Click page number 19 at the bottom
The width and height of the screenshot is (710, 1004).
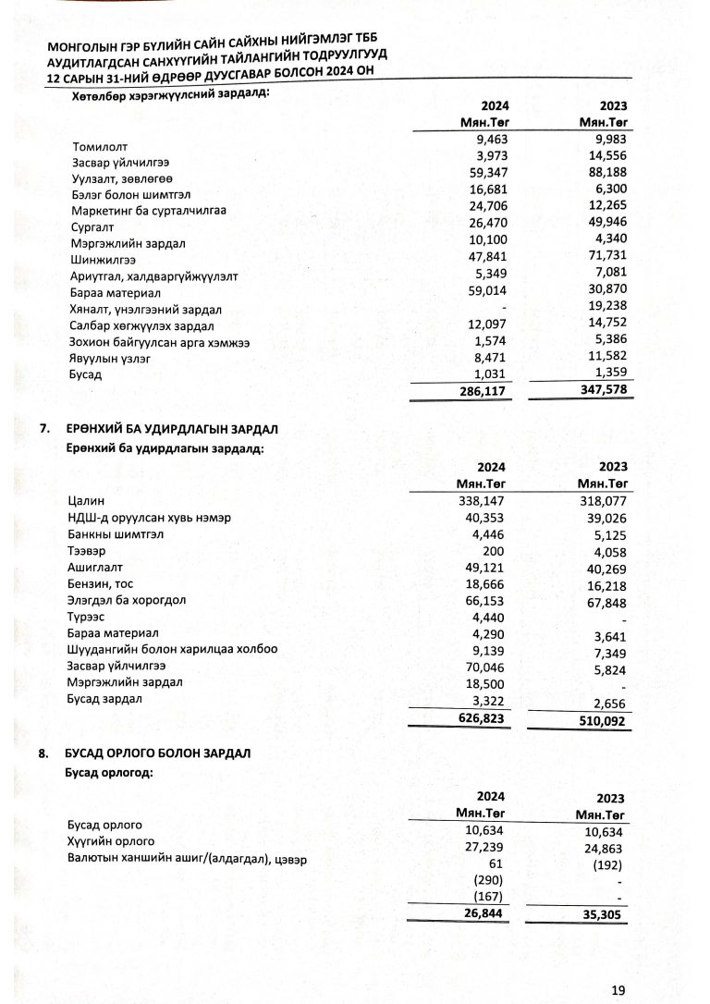pyautogui.click(x=619, y=989)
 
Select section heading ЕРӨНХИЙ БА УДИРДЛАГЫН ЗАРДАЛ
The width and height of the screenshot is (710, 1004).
pyautogui.click(x=172, y=430)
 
